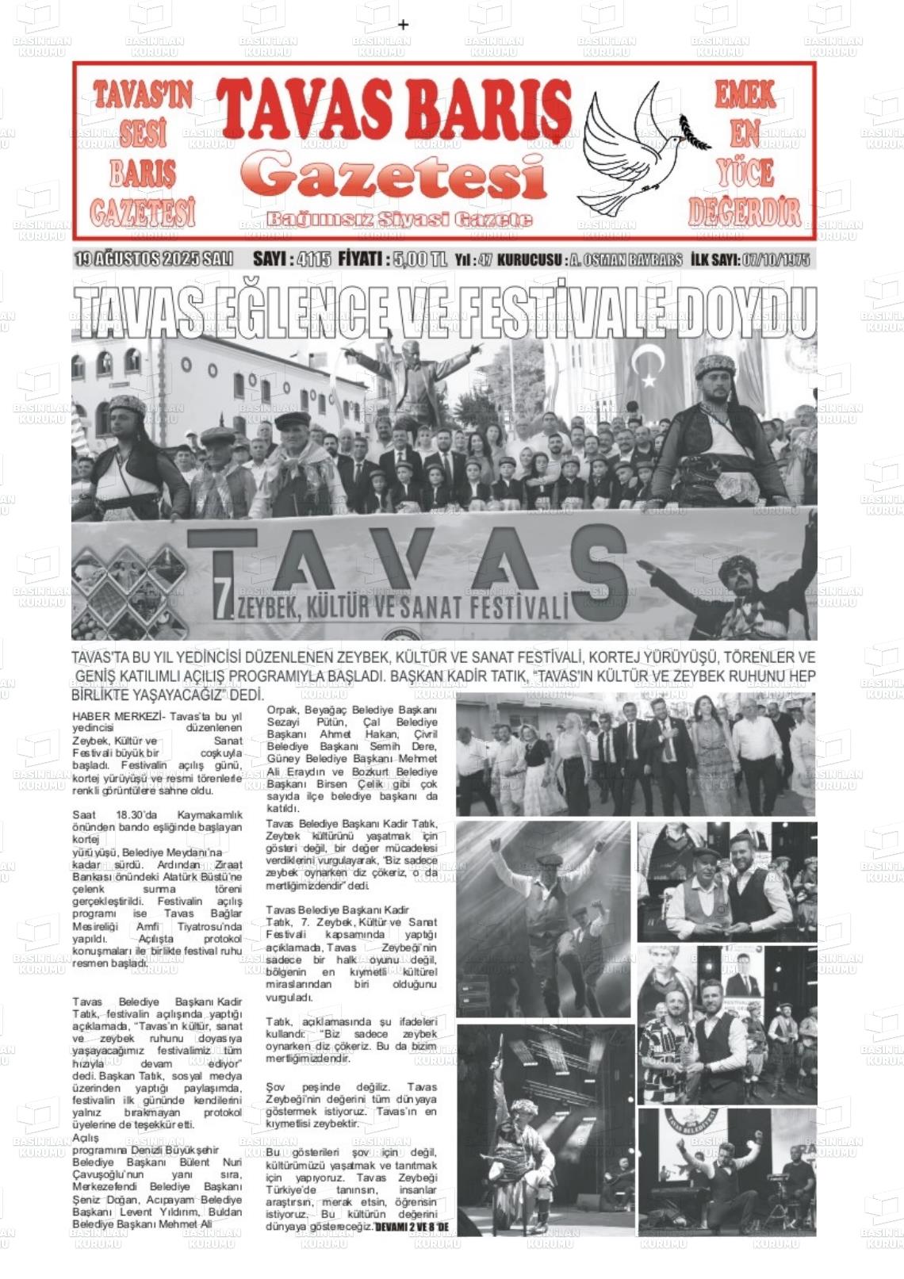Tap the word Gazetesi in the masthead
394,176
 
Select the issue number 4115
314,260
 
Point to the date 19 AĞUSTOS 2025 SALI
154,259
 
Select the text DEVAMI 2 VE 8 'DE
412,1227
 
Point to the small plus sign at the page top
403,25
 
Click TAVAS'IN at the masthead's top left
143,96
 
